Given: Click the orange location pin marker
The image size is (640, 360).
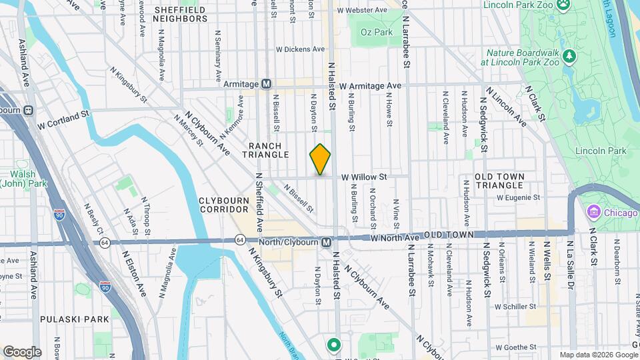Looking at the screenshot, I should (320, 159).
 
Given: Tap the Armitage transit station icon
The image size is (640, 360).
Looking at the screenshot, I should (266, 84).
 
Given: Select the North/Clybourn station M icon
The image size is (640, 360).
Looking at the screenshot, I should (327, 242).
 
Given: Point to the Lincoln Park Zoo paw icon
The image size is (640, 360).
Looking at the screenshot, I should (565, 5).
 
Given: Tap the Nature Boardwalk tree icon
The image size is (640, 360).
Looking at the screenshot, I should (569, 54).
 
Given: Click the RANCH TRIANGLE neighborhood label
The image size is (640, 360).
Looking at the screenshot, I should (269, 150).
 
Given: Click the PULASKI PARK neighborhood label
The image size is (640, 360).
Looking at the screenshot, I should (74, 319).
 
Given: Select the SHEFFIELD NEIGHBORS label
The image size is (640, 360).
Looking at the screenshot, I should (180, 15).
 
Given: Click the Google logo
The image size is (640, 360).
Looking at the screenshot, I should (22, 351).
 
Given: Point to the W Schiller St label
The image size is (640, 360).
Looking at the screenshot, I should (515, 307).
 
